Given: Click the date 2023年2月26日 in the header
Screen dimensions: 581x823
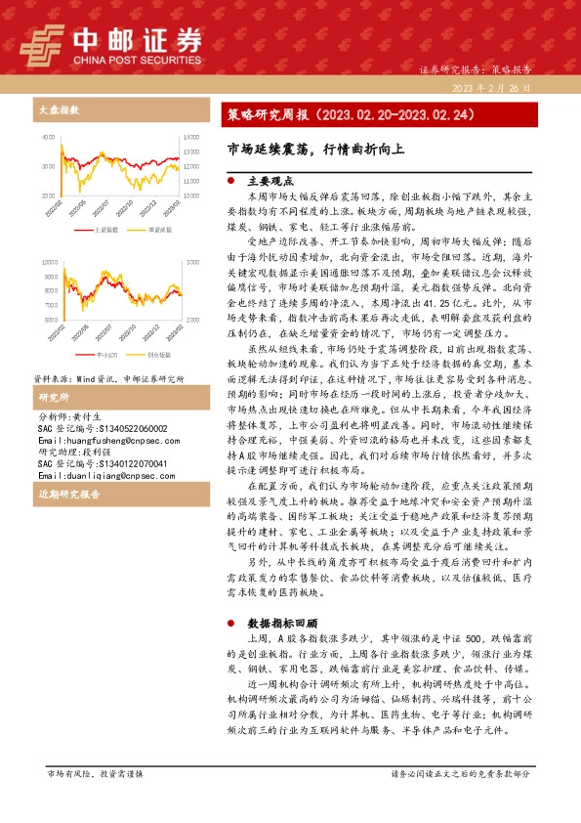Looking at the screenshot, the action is click(492, 88).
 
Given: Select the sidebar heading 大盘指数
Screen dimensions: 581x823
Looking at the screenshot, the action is click(54, 111).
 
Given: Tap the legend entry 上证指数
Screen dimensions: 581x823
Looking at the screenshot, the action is click(106, 230).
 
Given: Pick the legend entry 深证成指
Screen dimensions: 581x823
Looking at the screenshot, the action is click(155, 230).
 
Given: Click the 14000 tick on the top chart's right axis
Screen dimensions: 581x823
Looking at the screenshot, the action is click(192, 138).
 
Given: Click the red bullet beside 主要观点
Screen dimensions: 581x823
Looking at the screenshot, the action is click(229, 182).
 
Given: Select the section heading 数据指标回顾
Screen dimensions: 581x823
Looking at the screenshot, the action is click(282, 622).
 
